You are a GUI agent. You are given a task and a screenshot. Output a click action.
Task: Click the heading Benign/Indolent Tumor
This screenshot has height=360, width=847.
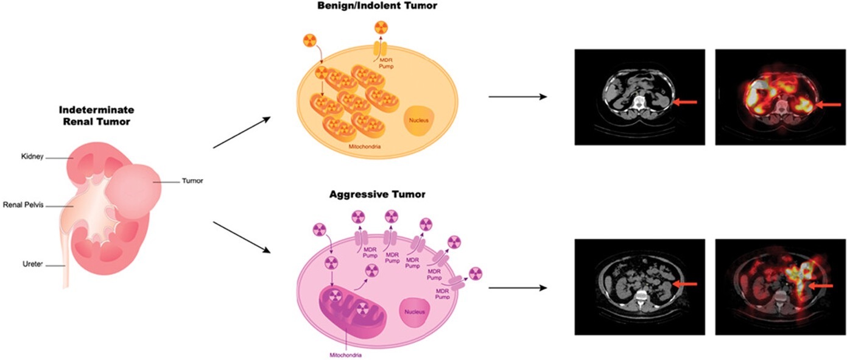pyautogui.click(x=378, y=5)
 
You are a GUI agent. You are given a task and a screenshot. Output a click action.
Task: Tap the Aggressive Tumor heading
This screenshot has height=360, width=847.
pyautogui.click(x=378, y=194)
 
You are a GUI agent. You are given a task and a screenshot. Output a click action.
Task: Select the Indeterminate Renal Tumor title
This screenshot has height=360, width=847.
pyautogui.click(x=96, y=116)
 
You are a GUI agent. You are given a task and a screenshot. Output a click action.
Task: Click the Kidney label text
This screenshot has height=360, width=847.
pyautogui.click(x=32, y=156)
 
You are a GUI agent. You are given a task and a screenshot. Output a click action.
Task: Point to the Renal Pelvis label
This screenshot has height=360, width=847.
pyautogui.click(x=24, y=205)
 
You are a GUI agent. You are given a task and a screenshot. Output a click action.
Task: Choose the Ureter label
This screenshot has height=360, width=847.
pyautogui.click(x=32, y=264)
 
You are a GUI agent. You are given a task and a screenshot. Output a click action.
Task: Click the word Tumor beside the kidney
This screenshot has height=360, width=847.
pyautogui.click(x=192, y=181)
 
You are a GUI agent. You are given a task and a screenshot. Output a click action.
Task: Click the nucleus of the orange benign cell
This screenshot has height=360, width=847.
pyautogui.click(x=418, y=121)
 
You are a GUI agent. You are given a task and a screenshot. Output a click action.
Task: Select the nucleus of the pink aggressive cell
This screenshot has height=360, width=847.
pyautogui.click(x=415, y=312)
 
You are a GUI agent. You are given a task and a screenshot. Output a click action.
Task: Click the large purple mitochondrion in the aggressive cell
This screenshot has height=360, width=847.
pyautogui.click(x=353, y=308)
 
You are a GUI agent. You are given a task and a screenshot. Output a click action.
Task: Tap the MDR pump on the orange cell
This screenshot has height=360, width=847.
pyautogui.click(x=381, y=49)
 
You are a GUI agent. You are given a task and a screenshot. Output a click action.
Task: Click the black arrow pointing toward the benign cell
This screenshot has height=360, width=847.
pyautogui.click(x=242, y=132)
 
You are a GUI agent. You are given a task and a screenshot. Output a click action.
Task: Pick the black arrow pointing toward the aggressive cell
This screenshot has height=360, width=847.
pyautogui.click(x=242, y=237)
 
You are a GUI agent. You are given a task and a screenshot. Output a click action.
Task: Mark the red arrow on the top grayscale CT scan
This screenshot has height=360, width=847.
pyautogui.click(x=685, y=102)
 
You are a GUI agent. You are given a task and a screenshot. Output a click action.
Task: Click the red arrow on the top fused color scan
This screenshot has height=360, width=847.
pyautogui.click(x=829, y=105)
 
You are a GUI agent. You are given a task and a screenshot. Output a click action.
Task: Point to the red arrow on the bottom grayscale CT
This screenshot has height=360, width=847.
pyautogui.click(x=685, y=284)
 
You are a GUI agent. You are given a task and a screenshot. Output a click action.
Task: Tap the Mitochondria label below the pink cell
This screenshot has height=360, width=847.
pyautogui.click(x=345, y=355)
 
